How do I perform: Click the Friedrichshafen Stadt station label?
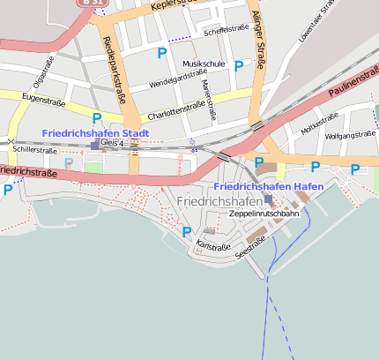click(96, 133)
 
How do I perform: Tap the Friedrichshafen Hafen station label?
click(269, 187)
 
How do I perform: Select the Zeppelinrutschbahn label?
click(264, 214)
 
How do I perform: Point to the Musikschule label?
click(204, 64)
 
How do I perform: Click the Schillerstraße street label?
click(35, 151)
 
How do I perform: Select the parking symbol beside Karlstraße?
click(186, 232)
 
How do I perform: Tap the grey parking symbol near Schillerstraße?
click(69, 163)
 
